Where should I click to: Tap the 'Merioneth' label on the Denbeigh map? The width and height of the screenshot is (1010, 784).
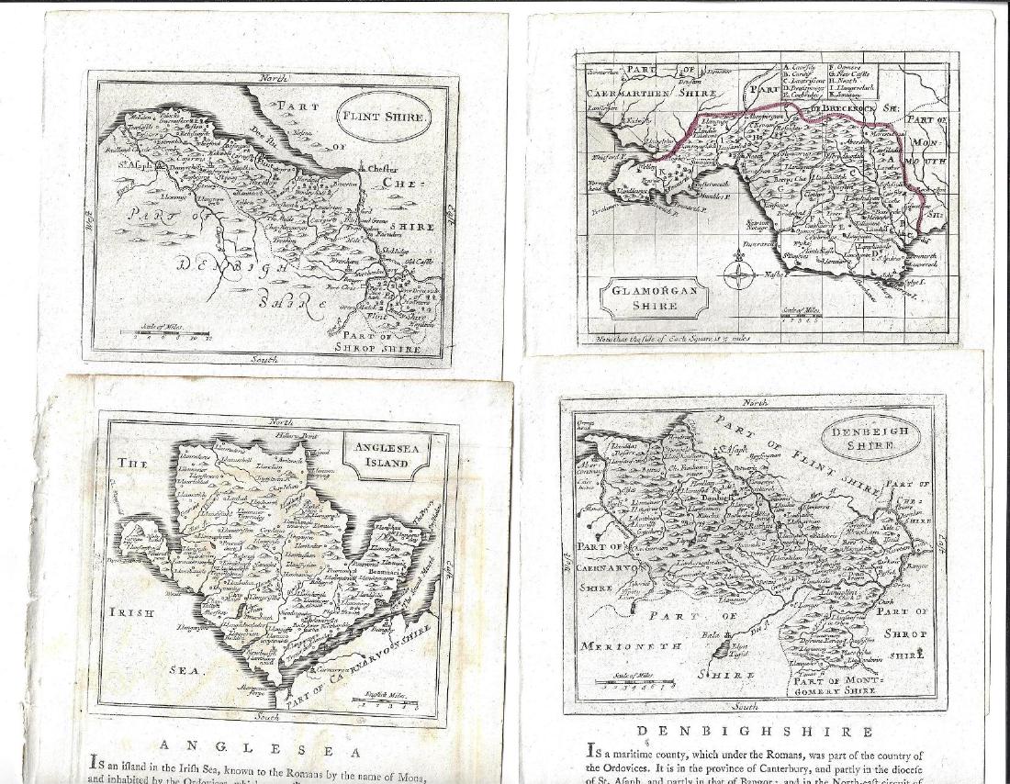pyautogui.click(x=633, y=645)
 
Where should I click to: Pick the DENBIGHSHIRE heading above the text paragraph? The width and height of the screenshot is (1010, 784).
pyautogui.click(x=755, y=732)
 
